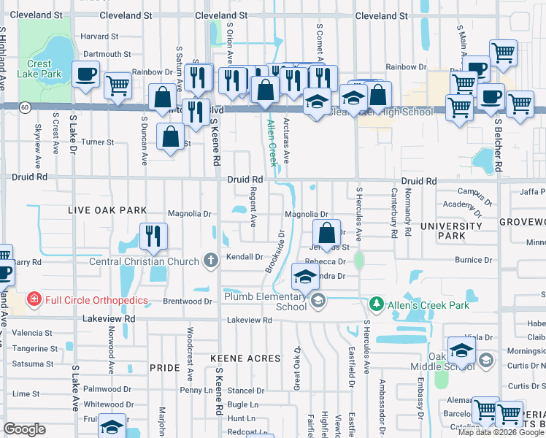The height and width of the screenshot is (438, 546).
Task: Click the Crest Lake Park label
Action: pyautogui.click(x=42, y=69)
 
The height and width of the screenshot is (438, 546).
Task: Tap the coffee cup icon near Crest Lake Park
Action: pyautogui.click(x=86, y=74)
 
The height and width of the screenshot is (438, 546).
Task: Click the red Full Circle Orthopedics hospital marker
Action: pyautogui.click(x=34, y=299)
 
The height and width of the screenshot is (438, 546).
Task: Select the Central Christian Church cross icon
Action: pyautogui.click(x=210, y=261)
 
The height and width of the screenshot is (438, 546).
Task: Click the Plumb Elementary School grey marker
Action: pyautogui.click(x=318, y=301)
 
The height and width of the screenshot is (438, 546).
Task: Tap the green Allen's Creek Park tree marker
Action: pyautogui.click(x=375, y=303)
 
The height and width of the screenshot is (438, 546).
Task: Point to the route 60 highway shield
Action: pyautogui.click(x=25, y=107)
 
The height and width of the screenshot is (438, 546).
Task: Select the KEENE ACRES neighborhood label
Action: pyautogui.click(x=245, y=358)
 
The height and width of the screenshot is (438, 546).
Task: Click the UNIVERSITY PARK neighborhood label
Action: pyautogui.click(x=450, y=231)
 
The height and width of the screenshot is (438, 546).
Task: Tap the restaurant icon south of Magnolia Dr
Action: pyautogui.click(x=153, y=236)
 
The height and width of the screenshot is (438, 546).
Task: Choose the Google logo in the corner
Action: pyautogui.click(x=24, y=429)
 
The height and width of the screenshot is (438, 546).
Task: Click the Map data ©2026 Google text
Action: pyautogui.click(x=501, y=432)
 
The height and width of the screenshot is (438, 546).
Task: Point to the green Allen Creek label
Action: pyautogui.click(x=273, y=142)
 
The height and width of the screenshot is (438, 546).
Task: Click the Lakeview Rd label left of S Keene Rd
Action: pyautogui.click(x=109, y=319)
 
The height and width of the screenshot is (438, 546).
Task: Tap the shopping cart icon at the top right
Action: pyautogui.click(x=503, y=53)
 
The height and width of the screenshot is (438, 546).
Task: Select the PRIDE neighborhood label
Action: pyautogui.click(x=164, y=369)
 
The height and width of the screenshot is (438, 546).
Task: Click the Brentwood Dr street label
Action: pyautogui.click(x=188, y=301)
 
